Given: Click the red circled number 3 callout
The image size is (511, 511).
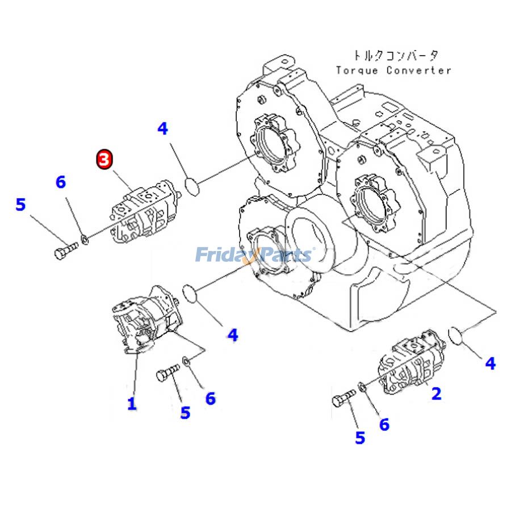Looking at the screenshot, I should [104, 160].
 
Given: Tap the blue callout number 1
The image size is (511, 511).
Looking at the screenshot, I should [132, 404].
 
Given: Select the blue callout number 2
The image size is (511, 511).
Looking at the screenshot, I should [436, 393].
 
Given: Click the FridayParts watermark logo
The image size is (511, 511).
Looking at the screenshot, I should [253, 255].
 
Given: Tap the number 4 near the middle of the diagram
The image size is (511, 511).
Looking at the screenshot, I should [233, 335].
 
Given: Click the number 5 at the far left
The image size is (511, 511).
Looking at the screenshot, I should [20, 204].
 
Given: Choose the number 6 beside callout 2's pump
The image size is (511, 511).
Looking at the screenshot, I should [384, 424].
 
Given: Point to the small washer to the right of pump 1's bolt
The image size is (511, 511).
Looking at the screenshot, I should [186, 361].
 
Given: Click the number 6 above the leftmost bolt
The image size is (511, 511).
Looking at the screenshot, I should [60, 182].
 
